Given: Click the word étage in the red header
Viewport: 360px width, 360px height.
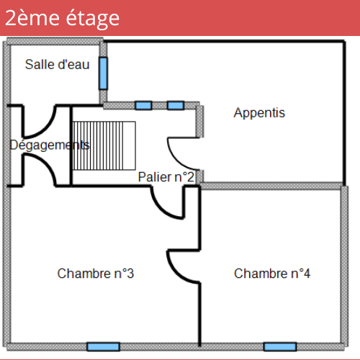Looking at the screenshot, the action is (x=92, y=19).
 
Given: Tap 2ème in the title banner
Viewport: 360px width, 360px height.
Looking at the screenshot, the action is (x=32, y=18).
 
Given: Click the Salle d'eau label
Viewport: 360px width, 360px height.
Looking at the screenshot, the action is (x=58, y=64).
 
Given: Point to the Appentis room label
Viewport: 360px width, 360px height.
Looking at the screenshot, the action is (x=259, y=113).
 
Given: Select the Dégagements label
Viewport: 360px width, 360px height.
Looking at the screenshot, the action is (x=50, y=145).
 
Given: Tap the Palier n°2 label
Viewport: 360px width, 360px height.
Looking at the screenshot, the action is (x=166, y=177).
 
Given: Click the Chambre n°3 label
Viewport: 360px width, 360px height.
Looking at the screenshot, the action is (x=96, y=274).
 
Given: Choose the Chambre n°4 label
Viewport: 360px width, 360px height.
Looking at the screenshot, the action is (x=272, y=274).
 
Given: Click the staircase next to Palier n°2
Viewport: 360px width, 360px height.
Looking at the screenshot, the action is (x=104, y=145).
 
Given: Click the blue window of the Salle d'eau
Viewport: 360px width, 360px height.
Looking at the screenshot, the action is (x=103, y=73).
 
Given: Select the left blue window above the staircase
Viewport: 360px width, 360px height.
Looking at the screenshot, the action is (x=143, y=105).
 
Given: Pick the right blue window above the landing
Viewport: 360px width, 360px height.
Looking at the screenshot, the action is (x=176, y=105).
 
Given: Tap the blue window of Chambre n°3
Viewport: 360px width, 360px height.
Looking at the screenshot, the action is (x=103, y=347).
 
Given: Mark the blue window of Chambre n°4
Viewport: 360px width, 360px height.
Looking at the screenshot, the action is (x=280, y=347).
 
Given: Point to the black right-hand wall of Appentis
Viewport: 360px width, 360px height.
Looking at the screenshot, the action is (x=344, y=113).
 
